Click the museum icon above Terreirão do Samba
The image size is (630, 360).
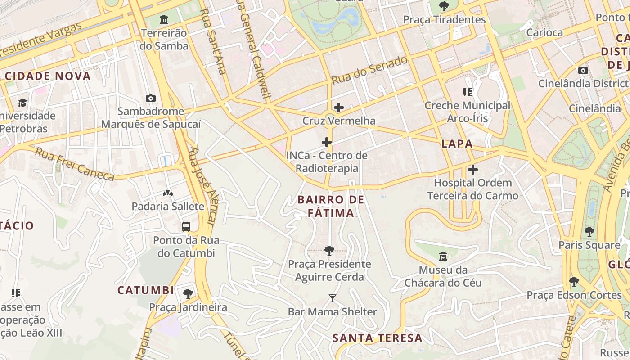click(x=164, y=20)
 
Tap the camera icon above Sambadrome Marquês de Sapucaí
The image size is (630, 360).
click(x=151, y=98)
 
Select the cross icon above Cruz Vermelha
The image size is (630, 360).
click(x=339, y=108)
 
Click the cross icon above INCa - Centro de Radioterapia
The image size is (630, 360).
click(x=327, y=143)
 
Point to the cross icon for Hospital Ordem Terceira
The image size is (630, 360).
click(x=472, y=170)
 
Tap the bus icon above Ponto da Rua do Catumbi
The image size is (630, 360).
click(x=186, y=227)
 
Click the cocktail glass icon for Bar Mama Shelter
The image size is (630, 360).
click(x=332, y=298)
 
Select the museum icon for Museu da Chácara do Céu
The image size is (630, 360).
click(x=443, y=256)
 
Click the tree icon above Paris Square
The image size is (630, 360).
click(x=589, y=232)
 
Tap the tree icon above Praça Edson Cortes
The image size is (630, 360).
click(x=574, y=282)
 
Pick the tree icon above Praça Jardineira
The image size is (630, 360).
click(x=188, y=294)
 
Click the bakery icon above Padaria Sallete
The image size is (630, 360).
click(x=168, y=193)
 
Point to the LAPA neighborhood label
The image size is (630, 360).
click(x=457, y=144)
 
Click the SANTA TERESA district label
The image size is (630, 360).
click(x=378, y=338)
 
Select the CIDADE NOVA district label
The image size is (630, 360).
click(x=48, y=76)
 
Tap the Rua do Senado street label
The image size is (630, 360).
click(x=369, y=70)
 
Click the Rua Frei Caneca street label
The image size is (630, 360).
click(x=75, y=164)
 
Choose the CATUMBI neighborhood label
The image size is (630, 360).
click(x=145, y=290)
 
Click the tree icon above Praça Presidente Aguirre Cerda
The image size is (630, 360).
click(x=329, y=250)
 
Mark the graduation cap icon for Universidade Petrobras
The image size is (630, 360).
click(x=22, y=103)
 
